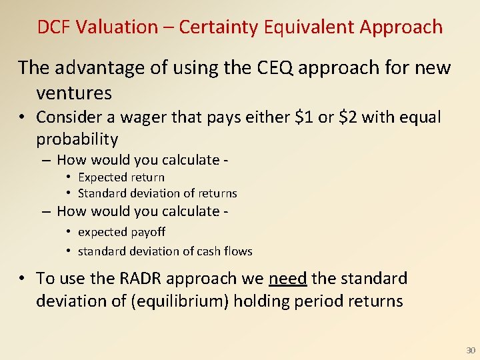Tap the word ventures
tap(74, 92)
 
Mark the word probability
tap(77, 139)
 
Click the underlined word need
tap(287, 279)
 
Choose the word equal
tap(419, 117)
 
